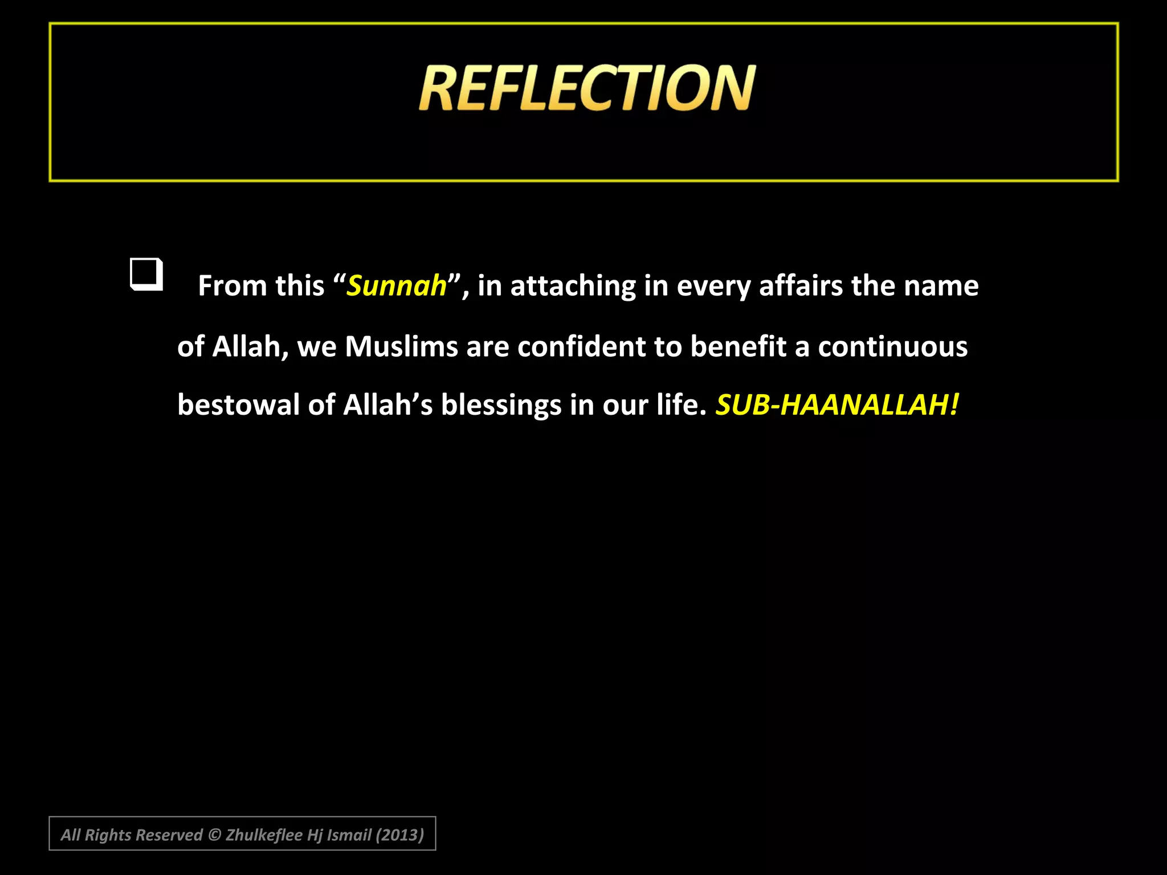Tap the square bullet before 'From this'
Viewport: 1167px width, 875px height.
146,274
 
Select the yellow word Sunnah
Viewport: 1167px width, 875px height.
397,285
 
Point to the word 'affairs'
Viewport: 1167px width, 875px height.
801,285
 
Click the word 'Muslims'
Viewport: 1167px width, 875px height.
401,346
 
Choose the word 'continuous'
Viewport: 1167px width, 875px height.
892,346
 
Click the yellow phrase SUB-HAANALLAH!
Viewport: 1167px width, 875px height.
837,405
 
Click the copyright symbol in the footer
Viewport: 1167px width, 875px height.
214,835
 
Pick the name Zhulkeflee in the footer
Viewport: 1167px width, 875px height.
264,835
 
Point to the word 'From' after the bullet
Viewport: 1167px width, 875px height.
232,285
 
